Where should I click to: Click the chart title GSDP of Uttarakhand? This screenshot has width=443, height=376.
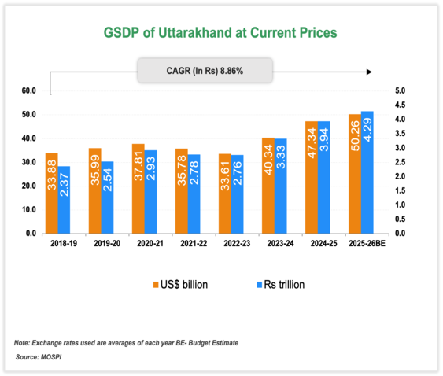point(221,33)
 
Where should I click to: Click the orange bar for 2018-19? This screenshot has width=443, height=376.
point(51,194)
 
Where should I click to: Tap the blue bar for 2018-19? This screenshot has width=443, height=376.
point(65,200)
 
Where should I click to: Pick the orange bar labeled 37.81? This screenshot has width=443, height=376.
point(138,189)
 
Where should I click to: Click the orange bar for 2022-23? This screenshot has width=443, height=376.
point(224,194)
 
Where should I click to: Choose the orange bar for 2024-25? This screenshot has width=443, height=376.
point(312,178)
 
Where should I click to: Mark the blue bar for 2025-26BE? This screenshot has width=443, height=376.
point(367,173)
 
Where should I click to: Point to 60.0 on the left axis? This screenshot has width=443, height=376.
point(29,91)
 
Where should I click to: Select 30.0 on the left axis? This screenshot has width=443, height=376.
point(29,162)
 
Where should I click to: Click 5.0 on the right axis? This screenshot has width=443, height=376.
point(399,91)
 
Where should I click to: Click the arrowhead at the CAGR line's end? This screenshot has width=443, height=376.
point(368,72)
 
